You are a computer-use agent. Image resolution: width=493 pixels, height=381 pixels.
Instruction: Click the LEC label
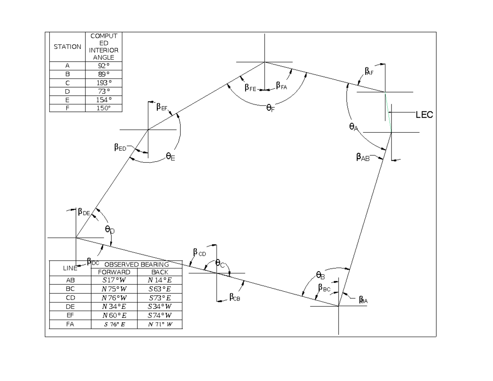pos(424,115)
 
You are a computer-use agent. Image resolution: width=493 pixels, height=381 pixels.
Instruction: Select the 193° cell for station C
pos(104,83)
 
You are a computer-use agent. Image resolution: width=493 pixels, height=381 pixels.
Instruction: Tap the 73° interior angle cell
pos(104,91)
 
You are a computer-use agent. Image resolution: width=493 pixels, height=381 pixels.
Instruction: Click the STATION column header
pos(67,47)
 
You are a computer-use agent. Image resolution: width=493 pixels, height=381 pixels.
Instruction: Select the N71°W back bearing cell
pos(160,324)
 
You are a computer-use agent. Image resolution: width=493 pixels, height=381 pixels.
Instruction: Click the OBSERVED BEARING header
pos(136,264)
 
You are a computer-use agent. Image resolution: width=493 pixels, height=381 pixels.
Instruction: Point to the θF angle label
pos(270,108)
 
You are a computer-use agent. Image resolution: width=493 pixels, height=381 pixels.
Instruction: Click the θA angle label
pos(353,127)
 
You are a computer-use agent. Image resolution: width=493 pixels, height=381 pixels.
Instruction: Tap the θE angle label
pos(170,156)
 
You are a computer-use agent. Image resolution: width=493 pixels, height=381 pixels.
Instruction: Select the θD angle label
pos(110,230)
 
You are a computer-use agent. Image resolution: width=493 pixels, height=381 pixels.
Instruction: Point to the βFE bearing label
pos(250,88)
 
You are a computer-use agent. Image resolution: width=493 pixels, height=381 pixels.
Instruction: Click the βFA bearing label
pos(281,85)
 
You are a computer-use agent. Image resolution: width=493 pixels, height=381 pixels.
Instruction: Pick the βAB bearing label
pos(363,157)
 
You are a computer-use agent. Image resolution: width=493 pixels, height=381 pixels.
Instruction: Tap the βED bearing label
pos(120,148)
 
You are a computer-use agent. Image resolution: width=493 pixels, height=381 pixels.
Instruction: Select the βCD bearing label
pos(199,252)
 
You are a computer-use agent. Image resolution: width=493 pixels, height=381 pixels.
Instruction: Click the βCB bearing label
pos(235,297)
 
